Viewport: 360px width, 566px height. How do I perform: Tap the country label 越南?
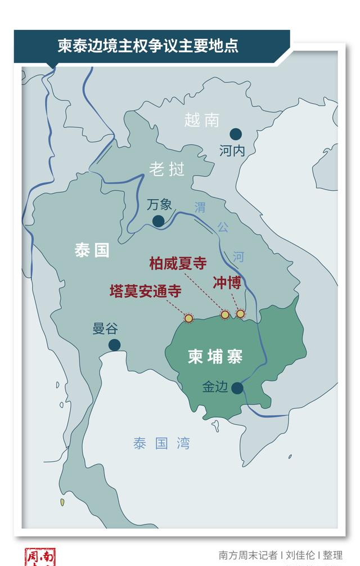coord(201,120)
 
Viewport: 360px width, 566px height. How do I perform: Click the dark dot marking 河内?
coord(236,134)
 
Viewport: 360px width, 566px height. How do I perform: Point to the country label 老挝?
coord(166,168)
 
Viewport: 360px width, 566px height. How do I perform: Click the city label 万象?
coord(159,204)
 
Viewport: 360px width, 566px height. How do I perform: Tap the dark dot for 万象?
coord(159,221)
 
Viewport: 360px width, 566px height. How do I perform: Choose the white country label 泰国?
coord(92,250)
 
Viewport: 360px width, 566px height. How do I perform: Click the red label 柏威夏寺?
coord(178,263)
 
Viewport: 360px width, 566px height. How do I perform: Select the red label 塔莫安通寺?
coord(145,291)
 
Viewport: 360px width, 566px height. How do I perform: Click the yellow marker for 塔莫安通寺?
coord(188,318)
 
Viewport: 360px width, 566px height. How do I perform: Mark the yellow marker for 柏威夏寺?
coord(225,315)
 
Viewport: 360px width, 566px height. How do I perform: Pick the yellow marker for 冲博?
coord(241,313)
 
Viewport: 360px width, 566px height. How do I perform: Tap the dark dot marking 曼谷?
coord(115,345)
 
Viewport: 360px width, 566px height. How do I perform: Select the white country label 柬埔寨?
coord(215,357)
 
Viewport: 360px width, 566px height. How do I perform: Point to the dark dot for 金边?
coord(237,388)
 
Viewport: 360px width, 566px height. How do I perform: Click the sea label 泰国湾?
coord(161,443)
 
